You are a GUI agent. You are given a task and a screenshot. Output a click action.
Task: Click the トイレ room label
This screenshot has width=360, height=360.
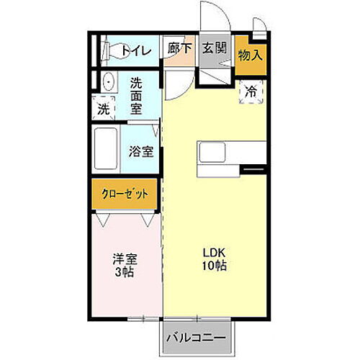(x=135, y=50)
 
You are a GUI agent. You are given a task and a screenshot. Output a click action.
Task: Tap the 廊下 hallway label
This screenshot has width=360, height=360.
(x=179, y=50)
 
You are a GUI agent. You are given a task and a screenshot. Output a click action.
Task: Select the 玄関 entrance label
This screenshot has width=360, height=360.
(x=214, y=50)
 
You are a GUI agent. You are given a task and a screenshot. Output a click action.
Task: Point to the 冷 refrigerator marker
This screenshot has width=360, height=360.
(x=251, y=91)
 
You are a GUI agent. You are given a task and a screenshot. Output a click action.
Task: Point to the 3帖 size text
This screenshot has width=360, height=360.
(x=124, y=273)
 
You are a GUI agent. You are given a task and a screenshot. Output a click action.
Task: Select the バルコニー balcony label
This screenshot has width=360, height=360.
(x=197, y=337)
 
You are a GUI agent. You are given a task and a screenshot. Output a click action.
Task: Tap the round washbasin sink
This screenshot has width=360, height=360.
(x=108, y=81)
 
